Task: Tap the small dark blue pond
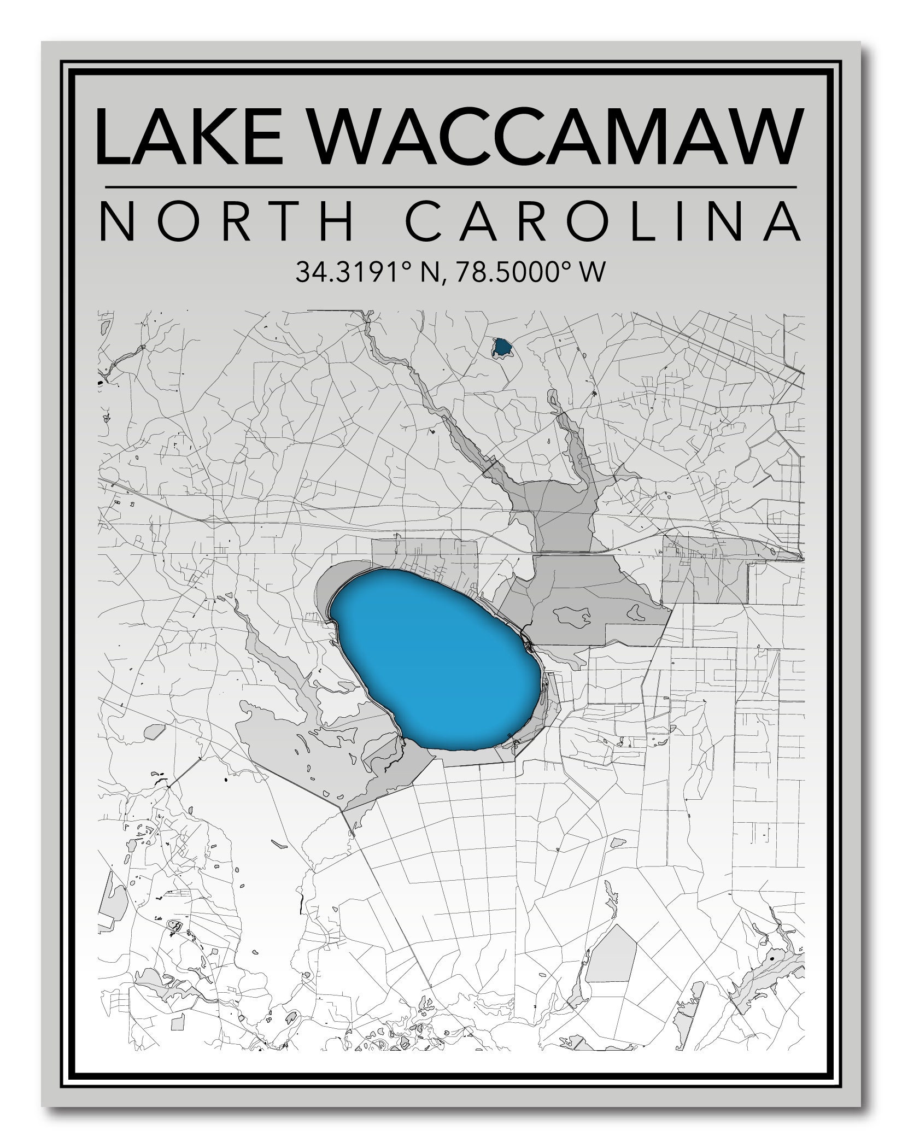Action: (501, 347)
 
